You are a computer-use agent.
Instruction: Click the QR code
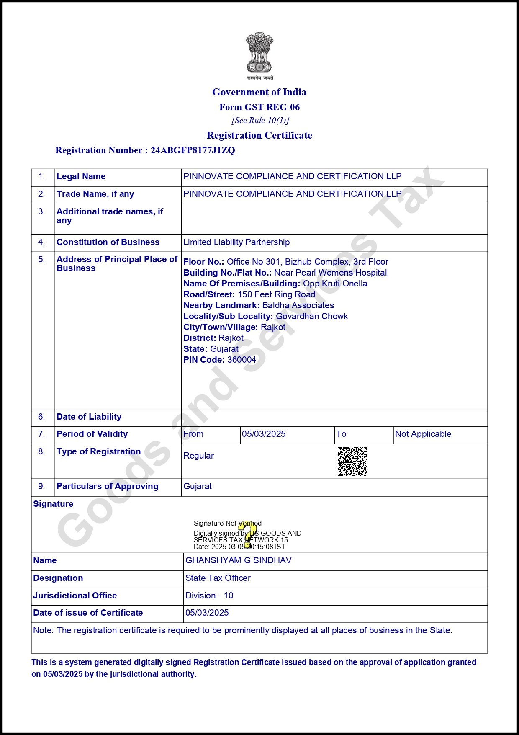coord(352,462)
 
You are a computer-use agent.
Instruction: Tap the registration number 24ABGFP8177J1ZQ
coord(193,150)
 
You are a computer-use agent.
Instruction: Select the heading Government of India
coord(259,92)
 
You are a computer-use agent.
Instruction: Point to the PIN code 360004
coord(242,360)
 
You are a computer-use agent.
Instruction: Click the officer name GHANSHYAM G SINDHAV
coord(239,560)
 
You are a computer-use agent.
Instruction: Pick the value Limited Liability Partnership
coord(236,242)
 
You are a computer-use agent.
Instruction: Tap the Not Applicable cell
coord(423,434)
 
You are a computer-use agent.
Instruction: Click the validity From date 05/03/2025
coord(264,434)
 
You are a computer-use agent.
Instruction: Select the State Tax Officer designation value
coord(218,578)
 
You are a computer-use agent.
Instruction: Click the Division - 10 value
coord(209,596)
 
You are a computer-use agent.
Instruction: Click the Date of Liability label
coord(89,417)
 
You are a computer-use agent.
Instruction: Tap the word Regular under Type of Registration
coord(198,456)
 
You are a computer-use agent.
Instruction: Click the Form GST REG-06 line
coord(259,107)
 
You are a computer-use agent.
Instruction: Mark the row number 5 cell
coord(41,259)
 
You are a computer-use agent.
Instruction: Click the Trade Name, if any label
coord(95,194)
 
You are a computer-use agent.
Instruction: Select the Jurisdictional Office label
coord(75,596)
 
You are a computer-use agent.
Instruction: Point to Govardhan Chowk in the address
coord(312,316)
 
